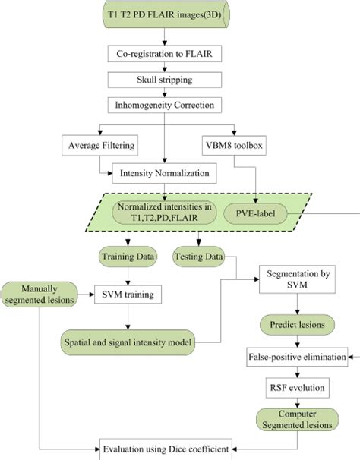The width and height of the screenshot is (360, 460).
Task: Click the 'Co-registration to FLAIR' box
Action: (165, 54)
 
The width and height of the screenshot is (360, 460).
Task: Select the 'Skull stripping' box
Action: (165, 80)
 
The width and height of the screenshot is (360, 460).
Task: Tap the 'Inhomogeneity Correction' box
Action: (165, 105)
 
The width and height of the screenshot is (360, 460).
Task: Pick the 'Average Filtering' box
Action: (99, 145)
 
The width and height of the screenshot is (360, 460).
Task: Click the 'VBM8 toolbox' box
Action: (234, 145)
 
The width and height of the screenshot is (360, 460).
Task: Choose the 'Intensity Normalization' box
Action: (165, 173)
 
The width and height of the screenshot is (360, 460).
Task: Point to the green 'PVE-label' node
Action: (255, 213)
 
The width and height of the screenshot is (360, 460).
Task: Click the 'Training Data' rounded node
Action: (128, 257)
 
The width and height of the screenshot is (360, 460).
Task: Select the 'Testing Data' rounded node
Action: (198, 257)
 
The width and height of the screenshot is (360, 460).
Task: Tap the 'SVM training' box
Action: (128, 295)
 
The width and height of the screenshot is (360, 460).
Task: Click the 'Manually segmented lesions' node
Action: (39, 295)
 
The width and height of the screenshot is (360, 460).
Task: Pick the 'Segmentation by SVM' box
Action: (297, 279)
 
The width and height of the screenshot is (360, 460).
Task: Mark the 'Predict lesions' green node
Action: (297, 325)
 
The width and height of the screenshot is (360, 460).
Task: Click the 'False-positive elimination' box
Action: (297, 357)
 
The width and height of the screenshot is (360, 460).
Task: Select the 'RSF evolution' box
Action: (297, 388)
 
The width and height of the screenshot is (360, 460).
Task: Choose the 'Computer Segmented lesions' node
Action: (297, 420)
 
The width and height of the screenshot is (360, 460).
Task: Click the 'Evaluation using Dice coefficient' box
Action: (166, 449)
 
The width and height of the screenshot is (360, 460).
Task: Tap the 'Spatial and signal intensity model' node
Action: (128, 342)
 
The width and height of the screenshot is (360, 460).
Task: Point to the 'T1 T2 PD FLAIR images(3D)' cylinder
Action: (166, 14)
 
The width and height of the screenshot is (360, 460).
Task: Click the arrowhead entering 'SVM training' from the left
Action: (91, 295)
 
